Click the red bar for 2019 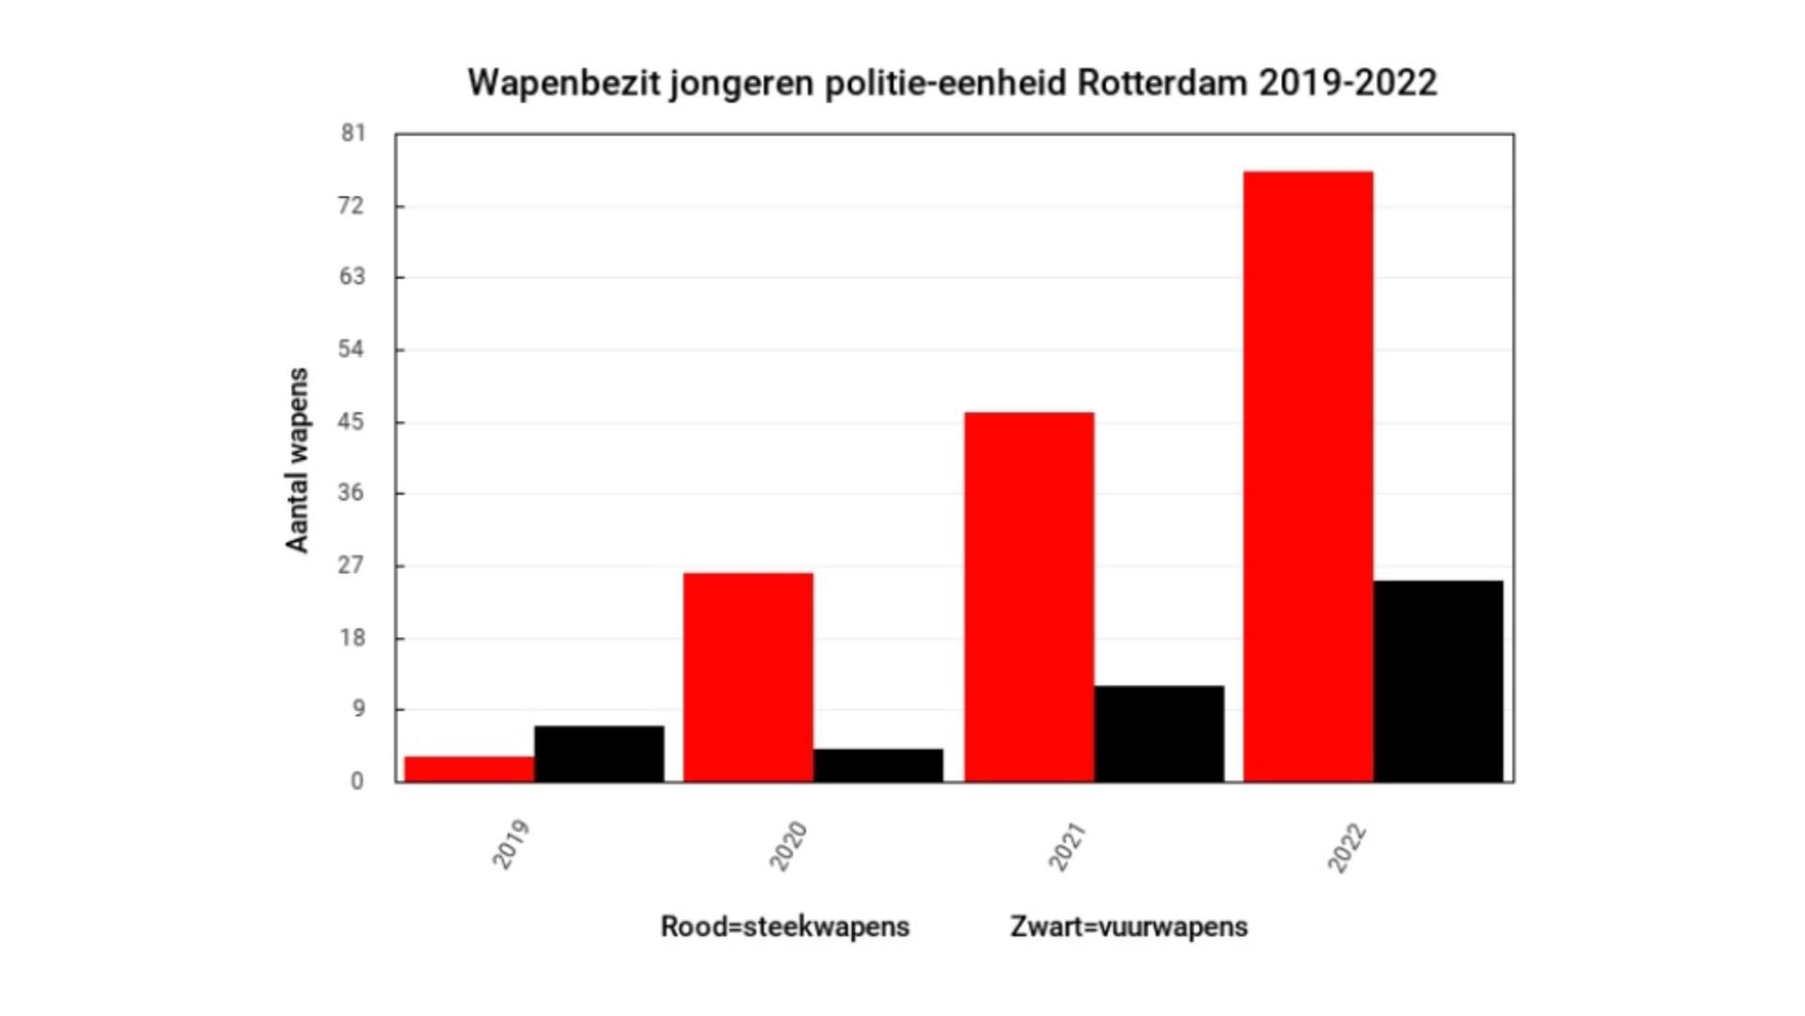469,769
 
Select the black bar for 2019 599,754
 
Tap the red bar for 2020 747,676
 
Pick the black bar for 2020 878,765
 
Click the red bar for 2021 1029,596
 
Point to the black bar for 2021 1159,734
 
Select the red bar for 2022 1308,476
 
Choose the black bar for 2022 1438,681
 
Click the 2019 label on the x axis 511,845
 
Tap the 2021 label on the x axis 1068,847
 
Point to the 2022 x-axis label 1346,848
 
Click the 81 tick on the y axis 353,134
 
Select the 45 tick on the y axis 351,421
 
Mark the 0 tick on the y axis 357,781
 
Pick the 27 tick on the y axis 351,565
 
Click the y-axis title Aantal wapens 297,460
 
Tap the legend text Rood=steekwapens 785,927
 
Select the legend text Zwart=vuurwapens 1129,927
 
